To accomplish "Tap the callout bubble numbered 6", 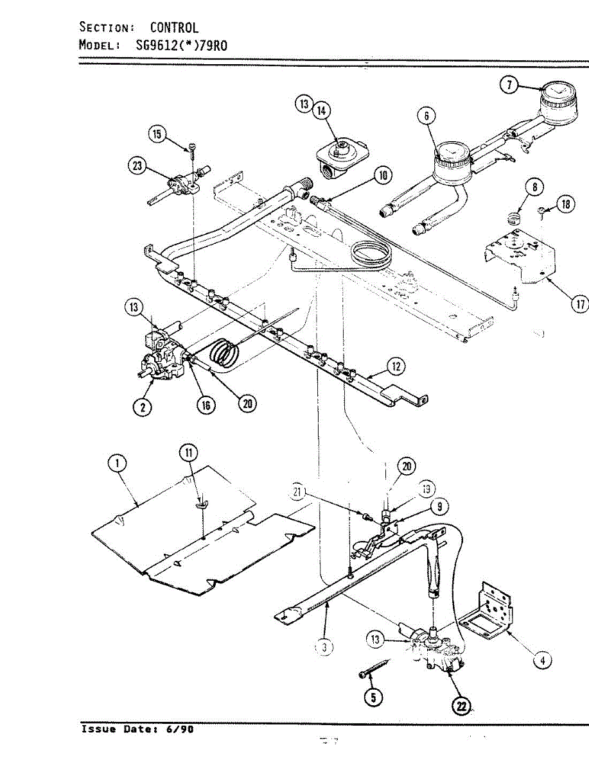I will click(426, 116).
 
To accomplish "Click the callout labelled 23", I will click(137, 166).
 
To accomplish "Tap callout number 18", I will click(565, 204).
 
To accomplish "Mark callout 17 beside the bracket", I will click(579, 304).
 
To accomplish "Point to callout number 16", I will click(206, 405).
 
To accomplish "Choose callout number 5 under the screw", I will click(371, 696).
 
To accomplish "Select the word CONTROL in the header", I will click(174, 28).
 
